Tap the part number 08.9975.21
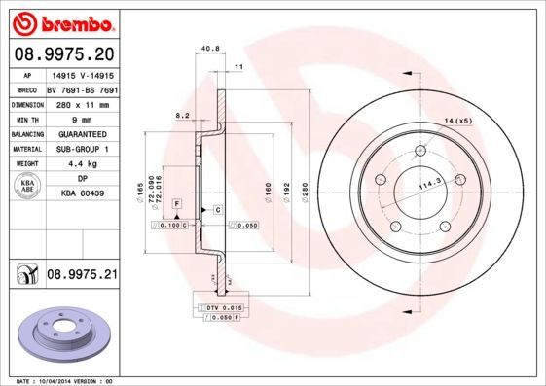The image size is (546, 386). pyautogui.click(x=82, y=276)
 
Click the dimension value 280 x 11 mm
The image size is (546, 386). pyautogui.click(x=81, y=102)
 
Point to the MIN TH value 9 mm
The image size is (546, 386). pyautogui.click(x=81, y=118)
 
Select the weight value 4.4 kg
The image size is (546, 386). pyautogui.click(x=81, y=164)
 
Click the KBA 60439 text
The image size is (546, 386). pyautogui.click(x=82, y=194)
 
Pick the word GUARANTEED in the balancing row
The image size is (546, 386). pyautogui.click(x=81, y=133)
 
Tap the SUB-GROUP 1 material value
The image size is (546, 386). pyautogui.click(x=81, y=149)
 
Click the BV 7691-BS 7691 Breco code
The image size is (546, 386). pyautogui.click(x=81, y=88)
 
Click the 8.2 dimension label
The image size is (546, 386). pyautogui.click(x=181, y=115)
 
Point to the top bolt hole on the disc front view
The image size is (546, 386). pyautogui.click(x=420, y=150)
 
